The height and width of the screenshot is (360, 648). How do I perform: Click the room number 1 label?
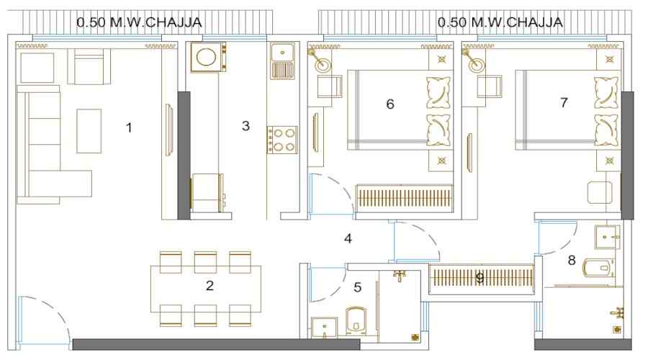click(129, 128)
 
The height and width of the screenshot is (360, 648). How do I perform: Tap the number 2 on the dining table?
click(210, 286)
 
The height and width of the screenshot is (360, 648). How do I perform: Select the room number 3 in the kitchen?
click(246, 126)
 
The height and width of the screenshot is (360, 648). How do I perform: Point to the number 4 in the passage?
click(348, 238)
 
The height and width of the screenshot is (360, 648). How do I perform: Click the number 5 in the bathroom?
click(359, 287)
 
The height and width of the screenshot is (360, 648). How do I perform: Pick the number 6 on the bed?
click(390, 104)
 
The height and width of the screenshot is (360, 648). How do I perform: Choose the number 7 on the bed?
click(563, 103)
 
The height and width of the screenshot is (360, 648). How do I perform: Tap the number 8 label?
click(572, 260)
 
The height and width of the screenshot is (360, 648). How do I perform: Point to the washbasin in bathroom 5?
click(324, 328)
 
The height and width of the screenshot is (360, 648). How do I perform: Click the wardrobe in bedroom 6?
click(405, 198)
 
